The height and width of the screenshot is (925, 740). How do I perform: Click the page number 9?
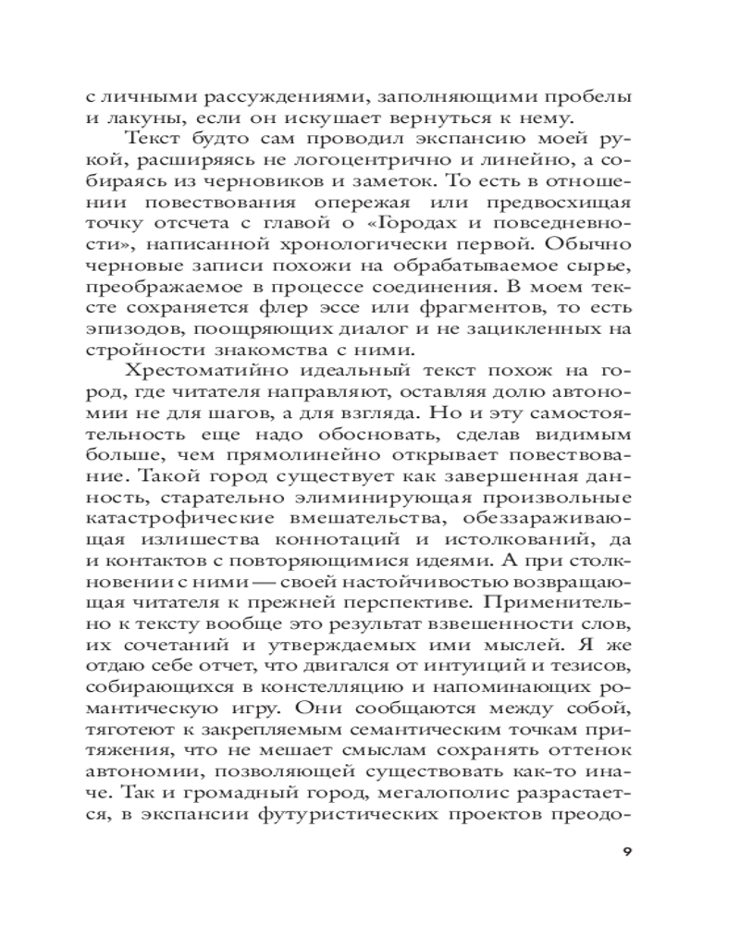[x=627, y=852]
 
